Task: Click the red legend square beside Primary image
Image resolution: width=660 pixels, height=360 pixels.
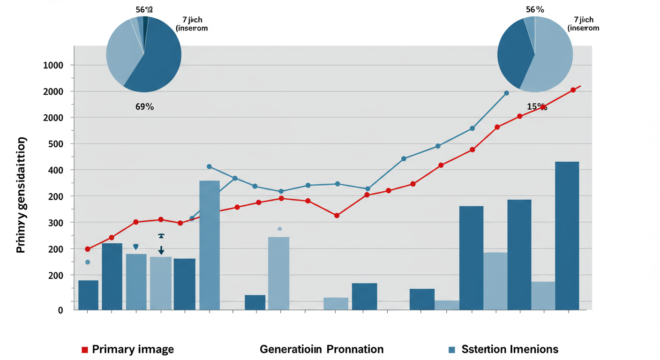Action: (x=85, y=349)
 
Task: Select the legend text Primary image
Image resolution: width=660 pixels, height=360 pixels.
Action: (x=133, y=349)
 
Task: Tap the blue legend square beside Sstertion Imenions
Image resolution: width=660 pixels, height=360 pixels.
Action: (x=452, y=349)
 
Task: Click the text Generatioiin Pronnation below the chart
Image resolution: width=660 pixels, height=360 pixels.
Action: (x=322, y=349)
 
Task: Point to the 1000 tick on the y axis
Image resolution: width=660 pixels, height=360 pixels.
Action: (x=52, y=65)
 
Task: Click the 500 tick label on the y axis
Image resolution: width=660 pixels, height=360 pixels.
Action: (x=55, y=144)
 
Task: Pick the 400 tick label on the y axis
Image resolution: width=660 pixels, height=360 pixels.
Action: (x=55, y=170)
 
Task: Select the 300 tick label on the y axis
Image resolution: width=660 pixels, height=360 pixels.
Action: (x=55, y=223)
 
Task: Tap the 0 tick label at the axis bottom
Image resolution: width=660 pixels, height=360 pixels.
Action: (x=60, y=310)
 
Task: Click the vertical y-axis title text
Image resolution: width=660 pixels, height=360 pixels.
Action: (x=22, y=195)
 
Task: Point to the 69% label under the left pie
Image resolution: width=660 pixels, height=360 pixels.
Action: (x=144, y=107)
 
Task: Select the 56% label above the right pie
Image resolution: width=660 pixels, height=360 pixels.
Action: (x=535, y=9)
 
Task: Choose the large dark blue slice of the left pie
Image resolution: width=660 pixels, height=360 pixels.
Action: (x=157, y=61)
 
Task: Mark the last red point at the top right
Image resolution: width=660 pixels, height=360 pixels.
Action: (x=573, y=90)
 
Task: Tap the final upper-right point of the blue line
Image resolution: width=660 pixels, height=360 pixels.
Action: (x=506, y=93)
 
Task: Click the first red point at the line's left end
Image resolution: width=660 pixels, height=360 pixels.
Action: (x=88, y=249)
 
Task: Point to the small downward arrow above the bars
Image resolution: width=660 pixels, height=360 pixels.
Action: (x=161, y=250)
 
